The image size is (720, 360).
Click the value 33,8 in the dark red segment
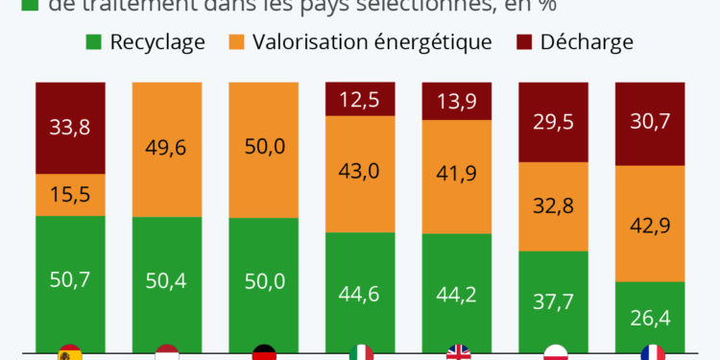coord(70,127)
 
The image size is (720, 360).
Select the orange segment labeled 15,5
coord(70,194)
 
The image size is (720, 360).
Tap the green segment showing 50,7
coord(70,280)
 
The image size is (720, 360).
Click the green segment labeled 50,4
coord(167,280)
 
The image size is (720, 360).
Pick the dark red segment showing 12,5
coord(360,99)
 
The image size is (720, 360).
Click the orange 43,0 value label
coord(360,172)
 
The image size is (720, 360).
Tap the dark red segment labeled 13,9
coord(457,101)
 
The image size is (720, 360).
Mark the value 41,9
coord(457,174)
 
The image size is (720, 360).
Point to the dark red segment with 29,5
coord(554,122)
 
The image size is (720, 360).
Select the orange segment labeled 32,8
coord(554,205)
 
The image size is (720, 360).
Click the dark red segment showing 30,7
coord(650,124)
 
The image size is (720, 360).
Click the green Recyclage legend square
coord(94,42)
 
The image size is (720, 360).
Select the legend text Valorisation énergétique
coord(372,42)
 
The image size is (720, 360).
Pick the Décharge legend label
coord(587,42)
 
